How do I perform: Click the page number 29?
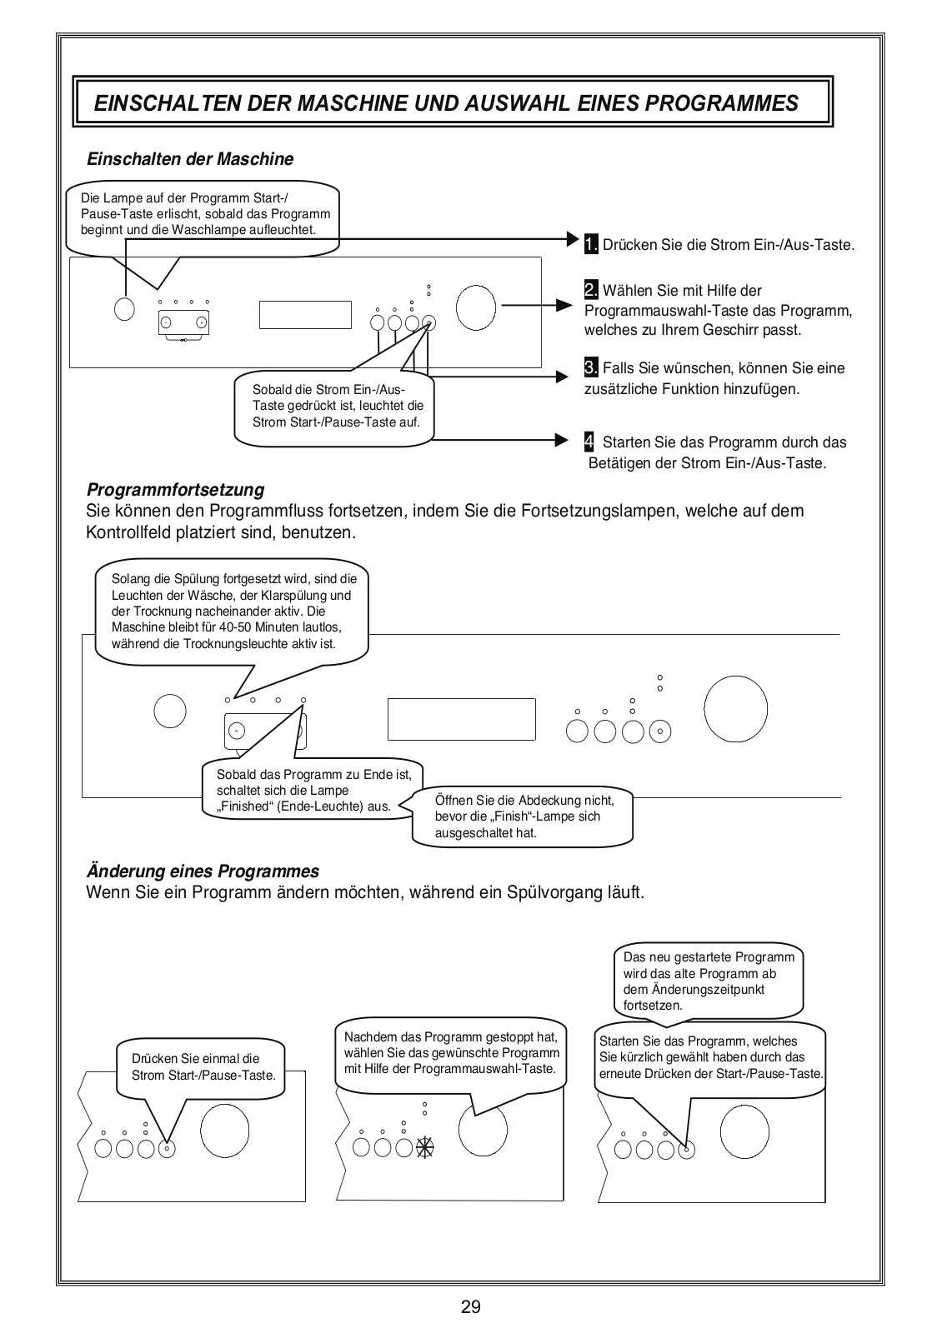(470, 1306)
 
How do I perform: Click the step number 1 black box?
(591, 244)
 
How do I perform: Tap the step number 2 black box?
(591, 290)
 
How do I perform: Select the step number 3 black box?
(591, 367)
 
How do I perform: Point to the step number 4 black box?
(589, 441)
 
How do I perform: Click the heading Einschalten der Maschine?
(190, 158)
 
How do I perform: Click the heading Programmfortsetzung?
(175, 489)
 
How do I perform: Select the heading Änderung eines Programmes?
(203, 871)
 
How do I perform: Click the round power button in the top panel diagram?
(123, 308)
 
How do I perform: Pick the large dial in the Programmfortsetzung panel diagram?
(736, 707)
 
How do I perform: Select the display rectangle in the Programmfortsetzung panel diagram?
(461, 718)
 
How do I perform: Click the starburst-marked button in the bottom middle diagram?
(426, 1147)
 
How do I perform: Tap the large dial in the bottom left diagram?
(224, 1130)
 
